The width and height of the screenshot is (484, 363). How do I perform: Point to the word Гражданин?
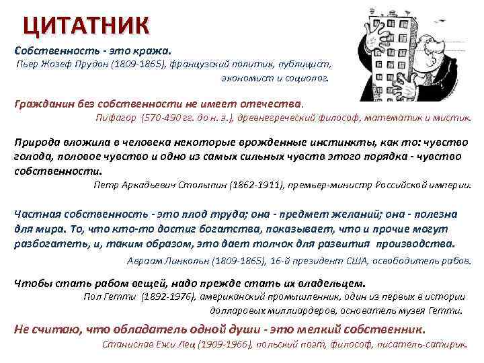40,104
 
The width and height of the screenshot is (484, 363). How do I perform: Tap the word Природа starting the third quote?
38,143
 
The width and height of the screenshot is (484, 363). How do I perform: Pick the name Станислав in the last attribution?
125,344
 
